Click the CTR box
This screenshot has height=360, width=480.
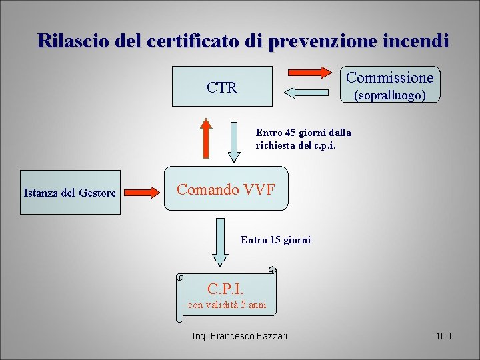(222, 87)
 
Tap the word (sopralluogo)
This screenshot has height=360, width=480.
(390, 95)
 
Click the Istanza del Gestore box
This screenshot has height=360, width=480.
(70, 193)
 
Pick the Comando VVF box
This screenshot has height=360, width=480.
(225, 189)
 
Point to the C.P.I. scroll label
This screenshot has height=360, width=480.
(227, 289)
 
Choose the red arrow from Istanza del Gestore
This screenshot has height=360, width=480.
(142, 193)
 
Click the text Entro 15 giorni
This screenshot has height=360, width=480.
(275, 240)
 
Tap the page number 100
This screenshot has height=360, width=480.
(443, 336)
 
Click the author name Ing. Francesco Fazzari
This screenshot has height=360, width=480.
(240, 336)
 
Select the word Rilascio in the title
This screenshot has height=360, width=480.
(67, 41)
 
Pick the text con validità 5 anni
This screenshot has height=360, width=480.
(227, 305)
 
